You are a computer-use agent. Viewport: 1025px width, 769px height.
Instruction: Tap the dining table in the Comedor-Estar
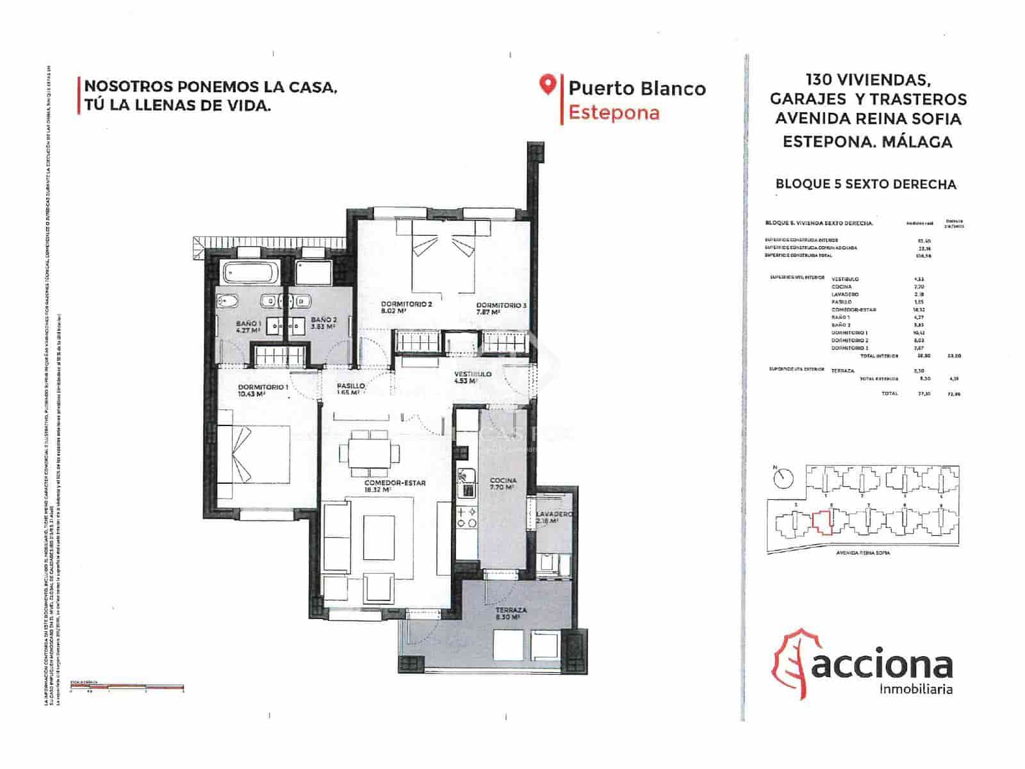[x=369, y=452]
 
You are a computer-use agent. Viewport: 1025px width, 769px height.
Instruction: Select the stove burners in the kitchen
[x=466, y=517]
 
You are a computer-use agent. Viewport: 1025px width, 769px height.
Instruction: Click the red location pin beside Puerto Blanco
[x=546, y=85]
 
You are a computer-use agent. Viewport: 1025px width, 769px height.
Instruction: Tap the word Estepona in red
[x=614, y=113]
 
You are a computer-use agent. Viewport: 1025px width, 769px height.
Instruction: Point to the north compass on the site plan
[x=783, y=477]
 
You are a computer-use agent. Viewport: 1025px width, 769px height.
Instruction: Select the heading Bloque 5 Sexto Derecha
[x=865, y=185]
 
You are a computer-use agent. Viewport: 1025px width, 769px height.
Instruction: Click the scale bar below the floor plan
[x=127, y=687]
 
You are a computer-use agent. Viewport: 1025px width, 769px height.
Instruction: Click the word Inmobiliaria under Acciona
[x=916, y=690]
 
